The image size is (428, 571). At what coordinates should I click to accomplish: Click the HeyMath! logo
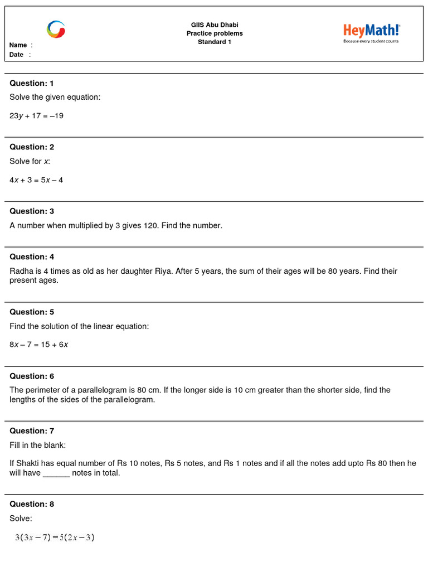click(x=371, y=30)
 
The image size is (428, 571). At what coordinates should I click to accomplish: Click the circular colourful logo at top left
click(x=56, y=30)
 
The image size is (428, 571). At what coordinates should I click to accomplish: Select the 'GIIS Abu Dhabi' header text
click(x=215, y=25)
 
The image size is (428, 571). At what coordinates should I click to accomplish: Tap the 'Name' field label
click(x=18, y=45)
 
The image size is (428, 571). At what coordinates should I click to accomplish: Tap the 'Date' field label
click(x=17, y=55)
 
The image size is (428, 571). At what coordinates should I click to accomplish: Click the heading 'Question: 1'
click(x=32, y=83)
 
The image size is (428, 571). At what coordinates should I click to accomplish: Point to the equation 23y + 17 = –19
click(x=37, y=116)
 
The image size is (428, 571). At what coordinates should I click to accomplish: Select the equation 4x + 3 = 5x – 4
click(x=36, y=180)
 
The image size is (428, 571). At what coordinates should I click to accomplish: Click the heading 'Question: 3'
click(x=32, y=211)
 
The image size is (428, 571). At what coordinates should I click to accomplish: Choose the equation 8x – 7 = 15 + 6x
click(x=39, y=345)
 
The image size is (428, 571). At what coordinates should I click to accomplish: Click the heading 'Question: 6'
click(x=32, y=376)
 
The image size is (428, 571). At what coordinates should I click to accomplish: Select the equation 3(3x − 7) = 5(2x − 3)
click(x=55, y=538)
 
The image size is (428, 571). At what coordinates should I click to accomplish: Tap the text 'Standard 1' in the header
click(x=215, y=42)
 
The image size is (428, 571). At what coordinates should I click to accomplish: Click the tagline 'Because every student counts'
click(x=371, y=41)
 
